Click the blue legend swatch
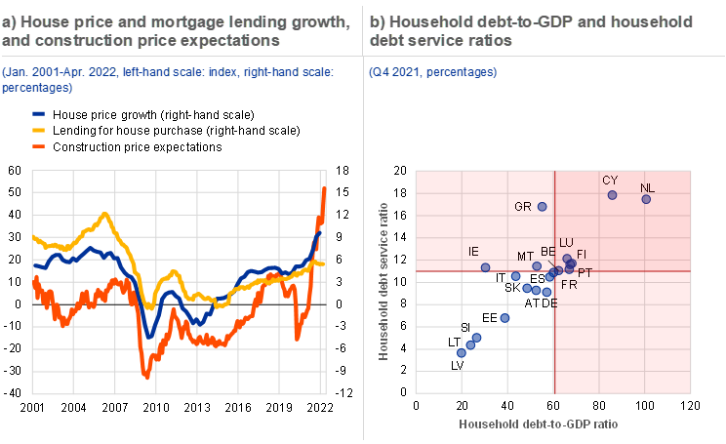tap(39, 113)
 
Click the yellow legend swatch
tap(39, 130)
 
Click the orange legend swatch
tap(39, 146)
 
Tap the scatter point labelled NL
tap(646, 199)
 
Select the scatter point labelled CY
tap(613, 195)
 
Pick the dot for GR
tap(543, 207)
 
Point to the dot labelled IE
tap(485, 266)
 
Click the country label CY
tap(610, 181)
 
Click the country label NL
tap(645, 187)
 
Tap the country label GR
tap(522, 207)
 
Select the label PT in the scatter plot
tap(585, 272)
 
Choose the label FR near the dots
tap(569, 285)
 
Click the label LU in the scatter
tap(566, 242)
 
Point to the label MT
tap(526, 256)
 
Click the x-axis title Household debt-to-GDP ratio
tap(539, 424)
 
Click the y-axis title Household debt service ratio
tap(383, 281)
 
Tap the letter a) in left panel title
tap(10, 20)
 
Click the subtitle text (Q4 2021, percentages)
tap(432, 72)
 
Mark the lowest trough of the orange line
tap(145, 376)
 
